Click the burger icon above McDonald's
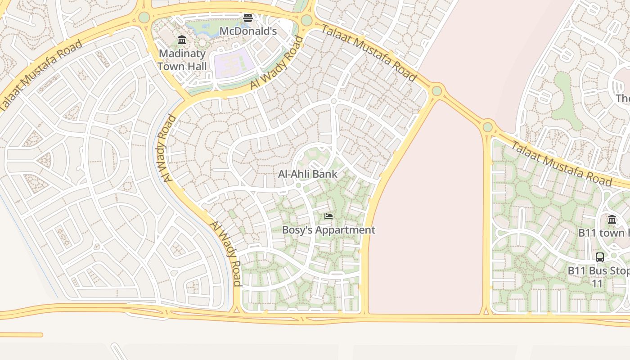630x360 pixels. (x=248, y=18)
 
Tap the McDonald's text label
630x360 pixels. (x=248, y=31)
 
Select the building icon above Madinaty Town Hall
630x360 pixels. (x=182, y=40)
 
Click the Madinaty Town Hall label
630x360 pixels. (x=182, y=60)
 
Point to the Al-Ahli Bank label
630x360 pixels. (x=308, y=174)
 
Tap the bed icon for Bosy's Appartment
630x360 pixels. (x=328, y=216)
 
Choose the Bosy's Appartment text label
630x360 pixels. (x=328, y=230)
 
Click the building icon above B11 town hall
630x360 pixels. (x=612, y=220)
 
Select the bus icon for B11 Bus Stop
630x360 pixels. (x=600, y=257)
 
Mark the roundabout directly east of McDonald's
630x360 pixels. (x=306, y=20)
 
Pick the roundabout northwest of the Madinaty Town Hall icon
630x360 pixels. (x=144, y=17)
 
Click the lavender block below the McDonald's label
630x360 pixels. (x=231, y=63)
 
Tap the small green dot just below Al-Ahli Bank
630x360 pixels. (x=298, y=185)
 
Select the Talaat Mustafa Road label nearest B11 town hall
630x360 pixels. (x=562, y=163)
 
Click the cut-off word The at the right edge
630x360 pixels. (x=623, y=98)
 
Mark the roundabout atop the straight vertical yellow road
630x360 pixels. (x=488, y=127)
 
